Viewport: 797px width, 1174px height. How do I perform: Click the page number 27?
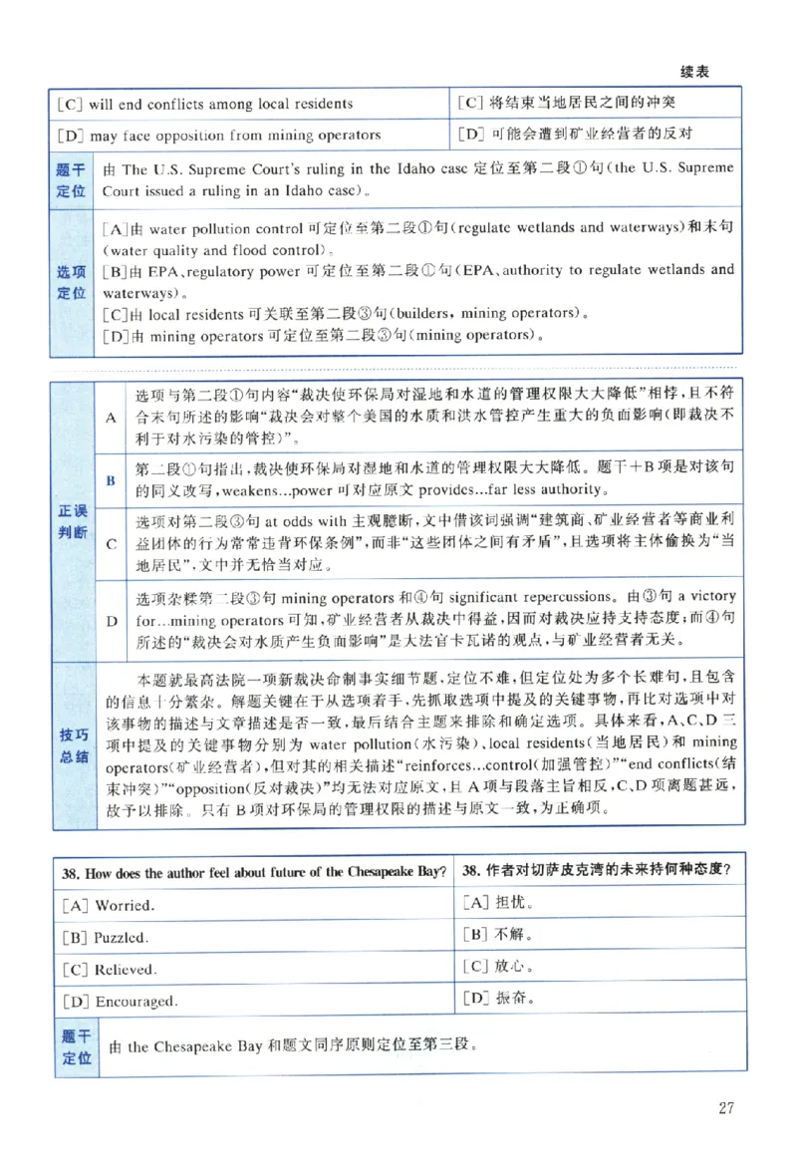pos(724,1107)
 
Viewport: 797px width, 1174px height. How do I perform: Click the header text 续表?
pos(694,72)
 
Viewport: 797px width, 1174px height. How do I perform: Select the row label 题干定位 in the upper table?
pos(72,178)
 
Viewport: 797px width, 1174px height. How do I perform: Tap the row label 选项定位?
pos(72,281)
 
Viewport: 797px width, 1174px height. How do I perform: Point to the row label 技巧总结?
pos(74,745)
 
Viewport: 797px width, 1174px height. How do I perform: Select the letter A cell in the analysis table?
pos(111,418)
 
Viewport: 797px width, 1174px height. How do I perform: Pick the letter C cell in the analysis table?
pos(111,544)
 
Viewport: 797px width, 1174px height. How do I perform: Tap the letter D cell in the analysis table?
pos(111,618)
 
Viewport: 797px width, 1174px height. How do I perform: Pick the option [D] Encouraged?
pos(119,1001)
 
